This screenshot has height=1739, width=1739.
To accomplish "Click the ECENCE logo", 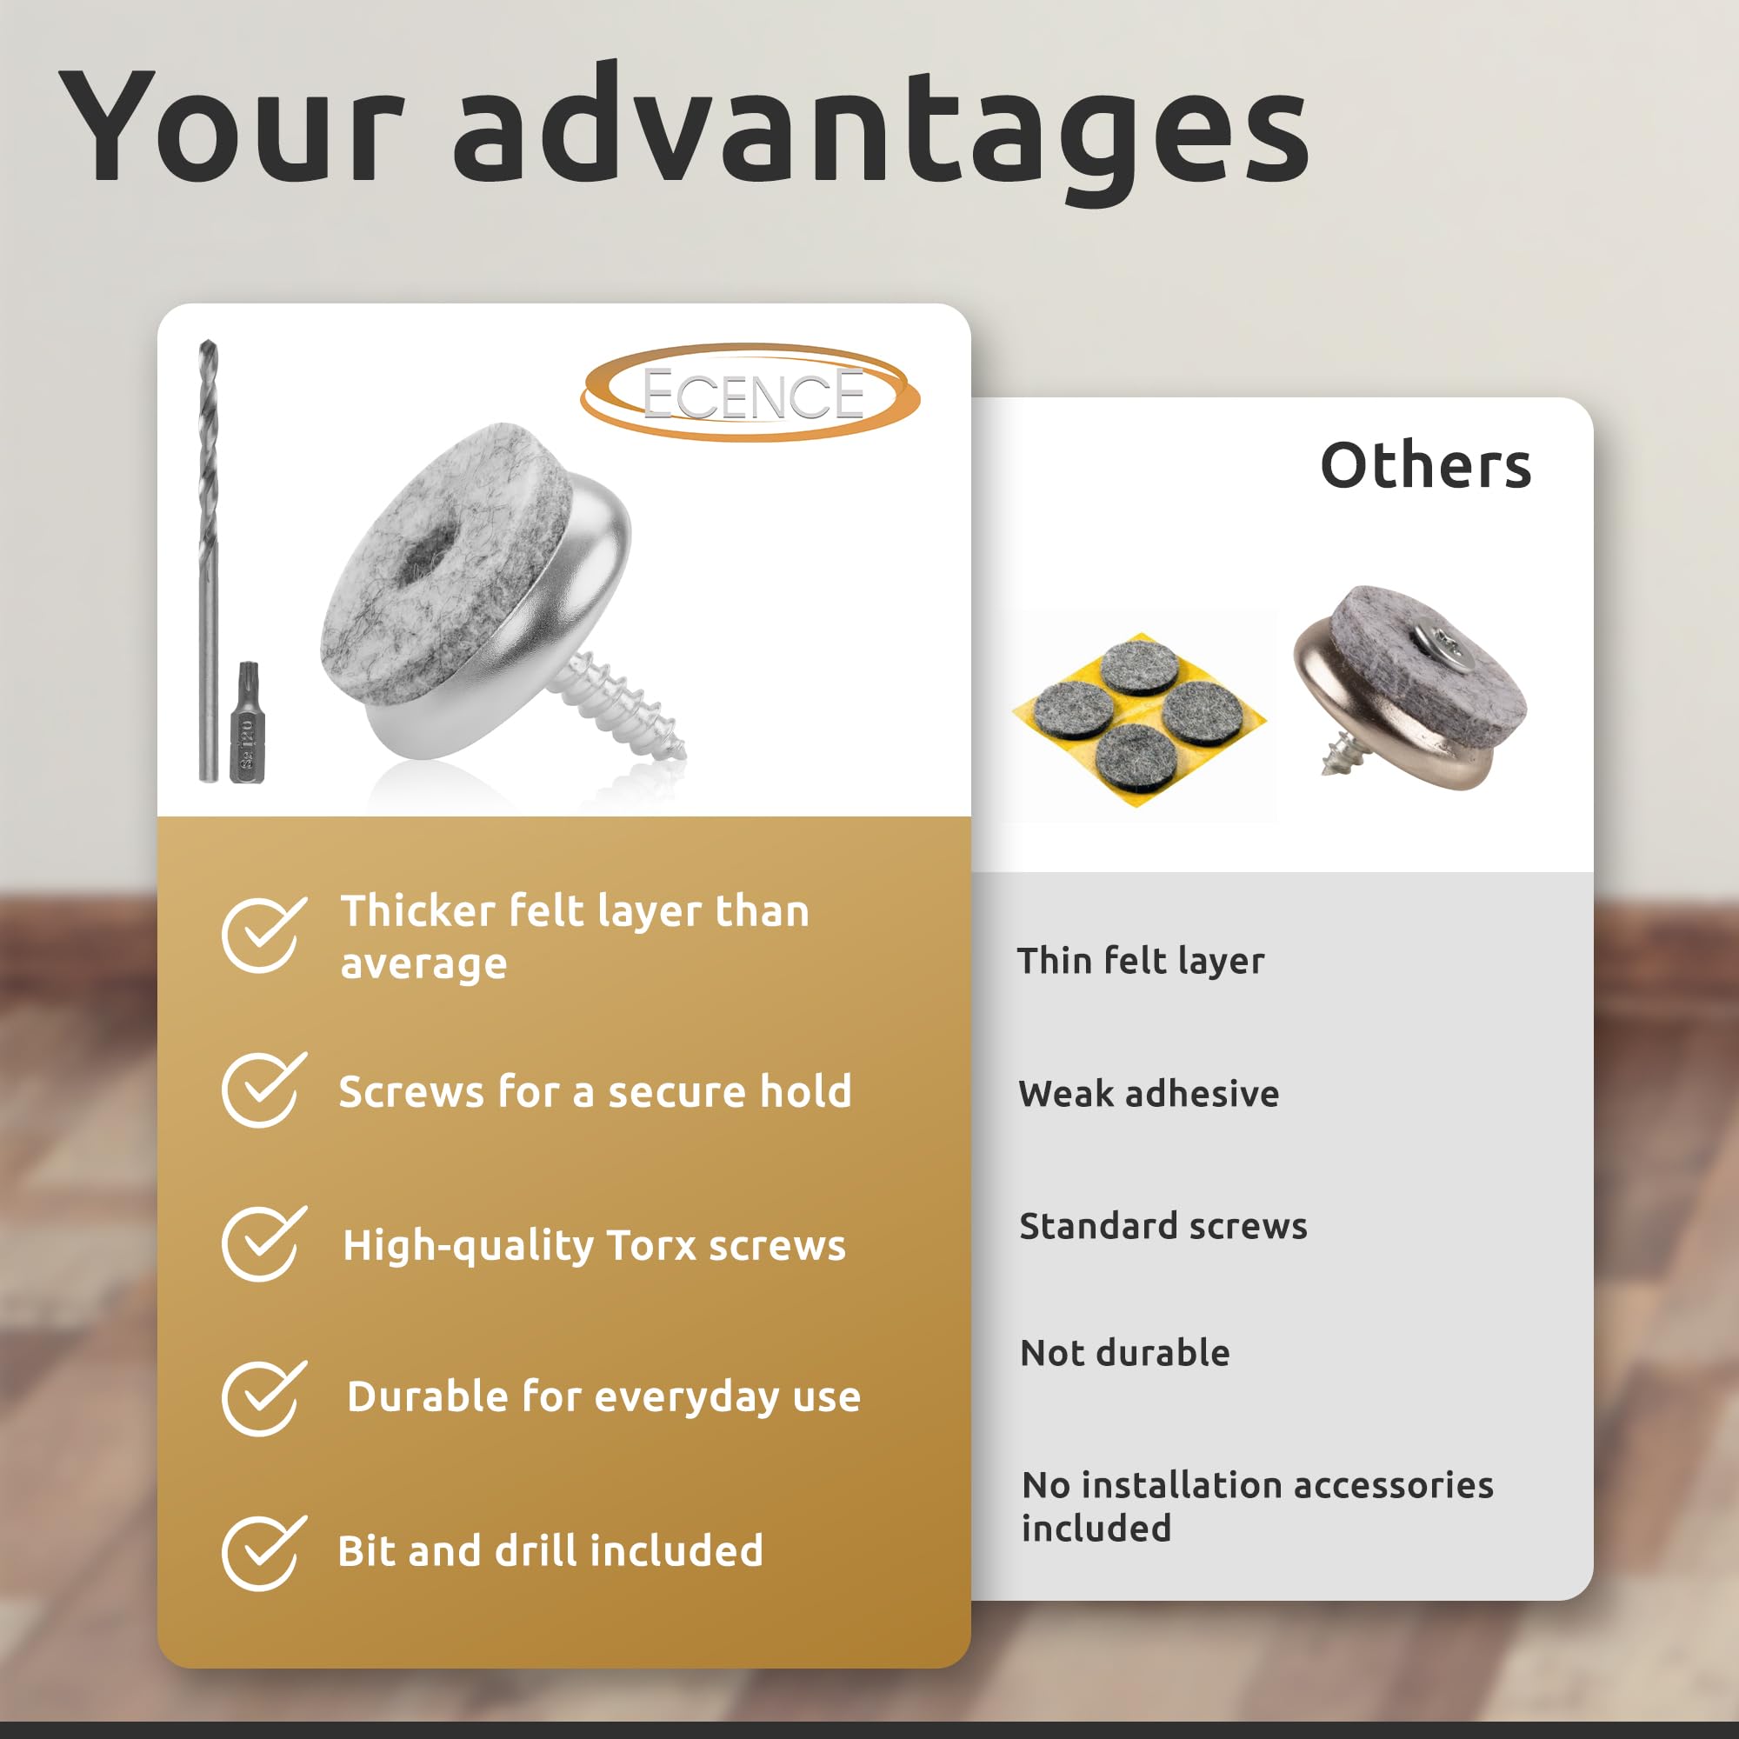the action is [x=750, y=393].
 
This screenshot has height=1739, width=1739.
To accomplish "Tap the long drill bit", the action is [x=208, y=560].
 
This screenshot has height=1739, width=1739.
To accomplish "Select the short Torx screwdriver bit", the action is [x=248, y=722].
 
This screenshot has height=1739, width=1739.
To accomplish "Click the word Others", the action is [x=1426, y=465].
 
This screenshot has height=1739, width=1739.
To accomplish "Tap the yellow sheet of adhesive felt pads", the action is [x=1140, y=719].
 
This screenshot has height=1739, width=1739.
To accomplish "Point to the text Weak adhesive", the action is [x=1149, y=1094].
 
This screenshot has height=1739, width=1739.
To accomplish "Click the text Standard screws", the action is [x=1163, y=1226].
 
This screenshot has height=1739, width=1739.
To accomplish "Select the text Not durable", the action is [x=1125, y=1353].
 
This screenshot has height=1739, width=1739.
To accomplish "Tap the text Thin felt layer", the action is [x=1141, y=962].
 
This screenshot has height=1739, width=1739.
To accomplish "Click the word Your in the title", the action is [x=231, y=125].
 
